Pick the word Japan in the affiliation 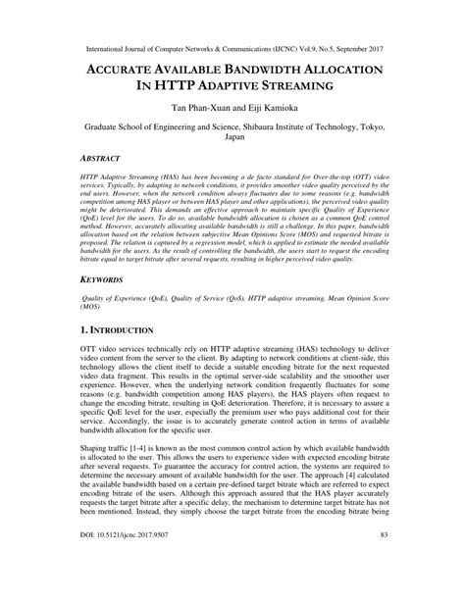pyautogui.click(x=232, y=138)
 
